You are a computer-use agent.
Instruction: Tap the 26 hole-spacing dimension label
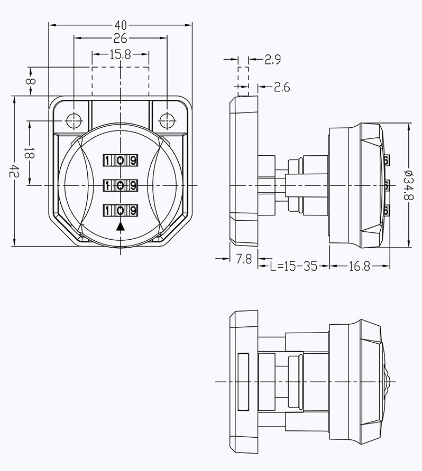tap(121, 38)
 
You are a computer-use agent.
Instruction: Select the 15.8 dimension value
tap(121, 54)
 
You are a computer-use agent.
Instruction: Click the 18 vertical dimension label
tap(30, 153)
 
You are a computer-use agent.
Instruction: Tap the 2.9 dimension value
tap(273, 60)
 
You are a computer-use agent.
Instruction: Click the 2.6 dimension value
tap(282, 87)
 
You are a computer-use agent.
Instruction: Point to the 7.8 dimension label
tap(244, 259)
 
